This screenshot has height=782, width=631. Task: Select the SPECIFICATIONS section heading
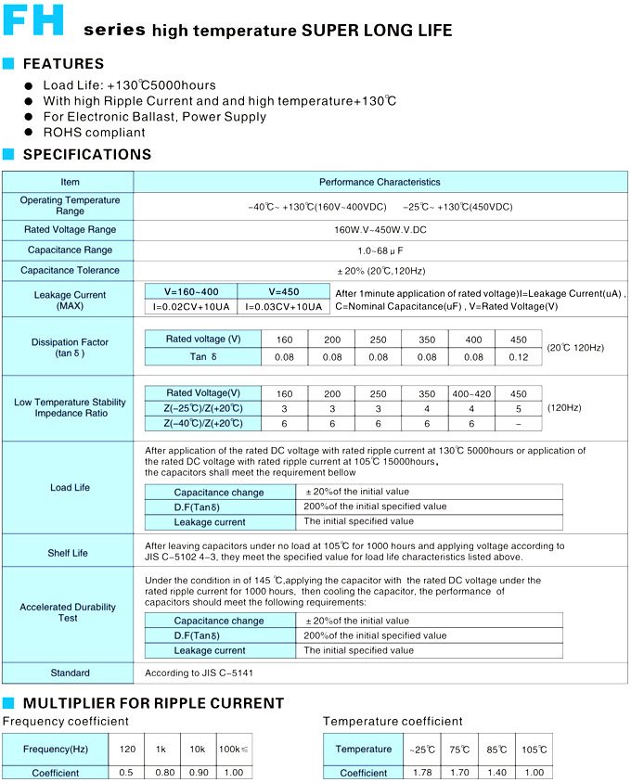pos(86,155)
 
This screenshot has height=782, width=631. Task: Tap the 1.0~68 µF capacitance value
pos(380,250)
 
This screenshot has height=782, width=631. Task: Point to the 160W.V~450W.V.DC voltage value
pos(380,229)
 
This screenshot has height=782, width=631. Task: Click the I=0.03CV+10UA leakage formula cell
pos(284,306)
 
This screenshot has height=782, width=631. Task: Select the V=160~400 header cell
pos(191,291)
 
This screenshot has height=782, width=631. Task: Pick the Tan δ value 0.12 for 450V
pos(519,357)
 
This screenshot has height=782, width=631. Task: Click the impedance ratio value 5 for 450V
pos(519,409)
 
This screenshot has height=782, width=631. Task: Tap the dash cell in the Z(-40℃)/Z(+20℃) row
pos(519,424)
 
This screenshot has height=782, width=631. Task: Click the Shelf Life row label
pos(68,553)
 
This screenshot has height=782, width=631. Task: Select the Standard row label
pos(70,673)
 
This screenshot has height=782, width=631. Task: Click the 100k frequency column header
pos(234,749)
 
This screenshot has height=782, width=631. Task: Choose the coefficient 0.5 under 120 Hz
pos(126,773)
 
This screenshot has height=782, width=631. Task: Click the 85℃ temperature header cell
pos(498,749)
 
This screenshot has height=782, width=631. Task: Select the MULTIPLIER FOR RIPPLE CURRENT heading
pos(153,703)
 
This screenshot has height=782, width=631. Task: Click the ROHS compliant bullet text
pos(94,133)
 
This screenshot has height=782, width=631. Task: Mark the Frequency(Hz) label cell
pos(55,749)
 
